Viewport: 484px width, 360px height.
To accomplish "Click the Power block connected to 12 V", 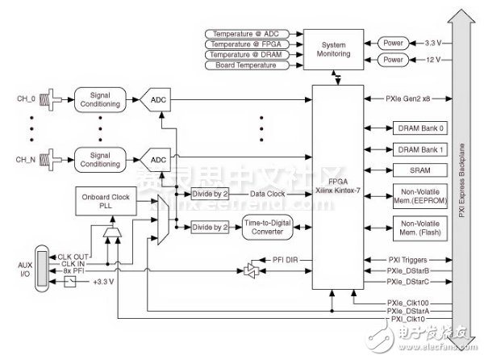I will coord(393,59).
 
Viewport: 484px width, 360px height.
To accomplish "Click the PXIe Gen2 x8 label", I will coord(413,101).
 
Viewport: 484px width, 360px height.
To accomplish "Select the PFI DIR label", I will coord(285,259).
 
